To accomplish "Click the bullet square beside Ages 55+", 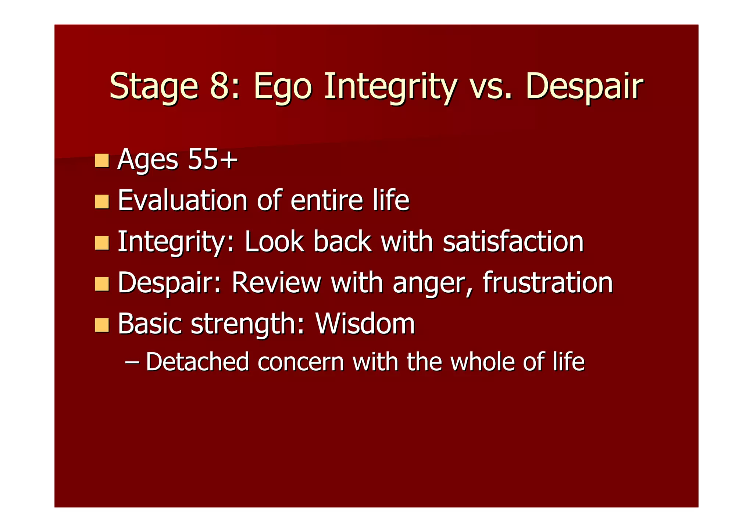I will [x=101, y=160].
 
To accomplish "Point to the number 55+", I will [x=212, y=160].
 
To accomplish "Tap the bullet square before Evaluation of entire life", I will [x=101, y=201].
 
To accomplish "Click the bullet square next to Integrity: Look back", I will [x=101, y=243].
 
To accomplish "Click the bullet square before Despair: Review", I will [x=101, y=284].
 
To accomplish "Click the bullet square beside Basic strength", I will [x=101, y=325].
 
